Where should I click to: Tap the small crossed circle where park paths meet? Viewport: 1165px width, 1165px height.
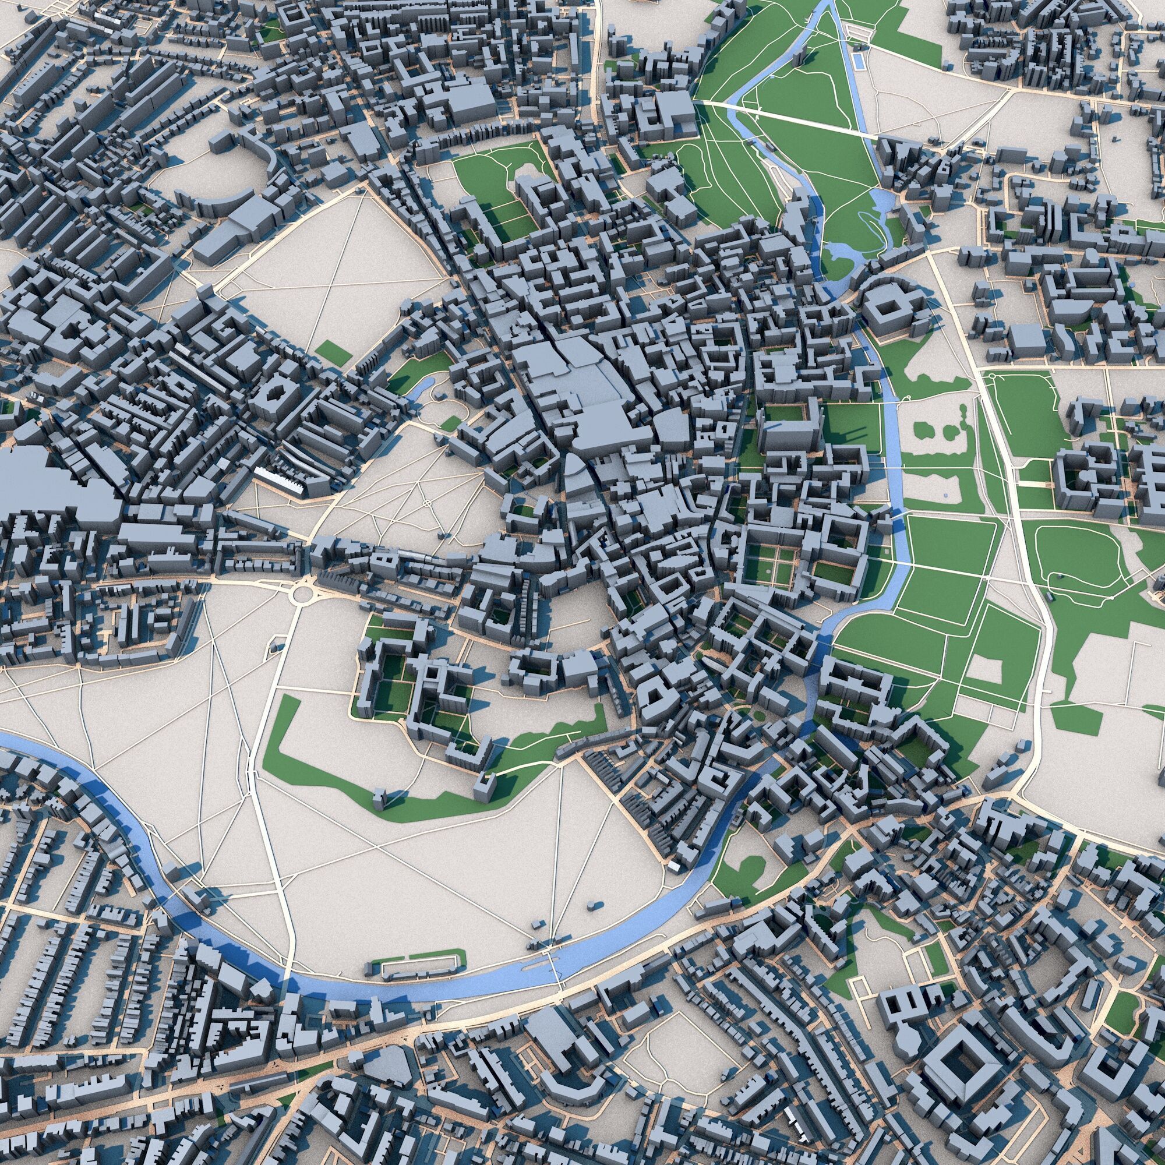[427, 502]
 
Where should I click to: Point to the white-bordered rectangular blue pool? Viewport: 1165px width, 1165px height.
[858, 61]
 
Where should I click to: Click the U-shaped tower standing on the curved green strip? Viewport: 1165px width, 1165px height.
[484, 787]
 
